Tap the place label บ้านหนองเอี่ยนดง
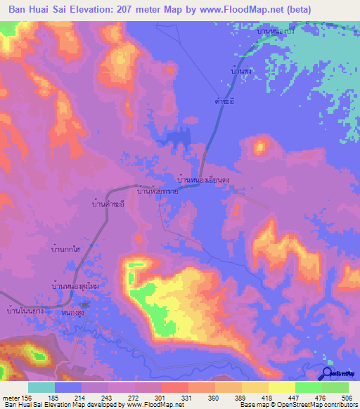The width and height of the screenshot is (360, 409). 205,181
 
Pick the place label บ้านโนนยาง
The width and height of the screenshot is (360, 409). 25,310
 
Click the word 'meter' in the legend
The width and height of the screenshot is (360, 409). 11,398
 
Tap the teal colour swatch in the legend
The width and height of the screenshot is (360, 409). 41,387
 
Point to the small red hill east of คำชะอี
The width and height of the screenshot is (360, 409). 261,147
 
